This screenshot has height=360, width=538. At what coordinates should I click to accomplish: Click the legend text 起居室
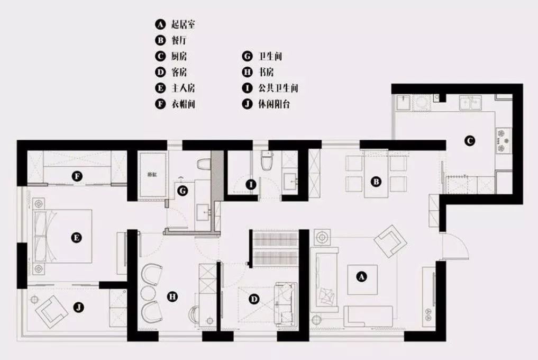(x=183, y=24)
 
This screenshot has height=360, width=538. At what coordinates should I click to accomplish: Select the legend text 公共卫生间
(x=278, y=88)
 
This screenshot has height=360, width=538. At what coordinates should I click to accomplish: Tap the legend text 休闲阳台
(x=274, y=104)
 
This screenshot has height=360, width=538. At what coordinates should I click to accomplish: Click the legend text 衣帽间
(x=183, y=104)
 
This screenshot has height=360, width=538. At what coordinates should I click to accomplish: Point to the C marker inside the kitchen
(x=469, y=140)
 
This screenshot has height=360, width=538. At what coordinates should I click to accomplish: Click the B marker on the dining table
(x=376, y=182)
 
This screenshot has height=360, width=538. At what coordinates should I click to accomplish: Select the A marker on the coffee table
(x=361, y=276)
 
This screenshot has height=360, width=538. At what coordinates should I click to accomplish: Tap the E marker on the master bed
(x=77, y=237)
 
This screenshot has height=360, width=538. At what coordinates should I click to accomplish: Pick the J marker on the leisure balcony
(x=79, y=307)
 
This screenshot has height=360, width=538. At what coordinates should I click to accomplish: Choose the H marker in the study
(x=172, y=296)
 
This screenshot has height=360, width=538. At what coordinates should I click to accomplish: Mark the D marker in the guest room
(x=254, y=299)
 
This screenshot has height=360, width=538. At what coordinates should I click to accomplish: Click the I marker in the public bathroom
(x=251, y=185)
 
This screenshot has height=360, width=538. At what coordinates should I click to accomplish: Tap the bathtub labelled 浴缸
(x=152, y=175)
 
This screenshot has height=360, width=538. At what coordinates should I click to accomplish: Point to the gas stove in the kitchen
(x=503, y=140)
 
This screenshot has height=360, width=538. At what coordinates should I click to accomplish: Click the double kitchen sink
(x=471, y=102)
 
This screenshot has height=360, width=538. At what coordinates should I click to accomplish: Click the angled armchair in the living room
(x=390, y=241)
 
